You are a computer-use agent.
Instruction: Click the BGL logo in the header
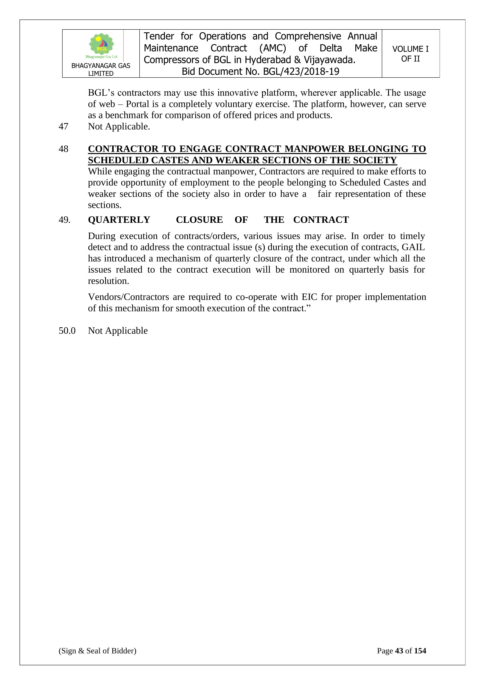point(101,46)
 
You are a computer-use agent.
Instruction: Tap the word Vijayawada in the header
point(329,60)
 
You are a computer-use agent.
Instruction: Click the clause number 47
point(63,127)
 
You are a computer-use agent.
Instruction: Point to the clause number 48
point(63,149)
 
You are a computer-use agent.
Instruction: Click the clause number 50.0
point(67,331)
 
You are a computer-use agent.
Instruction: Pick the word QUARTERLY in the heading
point(119,220)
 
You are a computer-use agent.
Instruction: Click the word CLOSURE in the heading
point(199,220)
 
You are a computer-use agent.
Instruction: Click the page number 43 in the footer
point(399,651)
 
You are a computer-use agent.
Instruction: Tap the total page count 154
point(420,651)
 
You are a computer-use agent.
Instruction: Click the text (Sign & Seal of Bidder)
point(97,651)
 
